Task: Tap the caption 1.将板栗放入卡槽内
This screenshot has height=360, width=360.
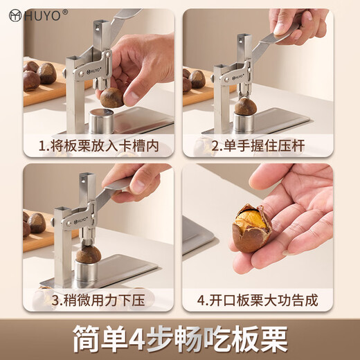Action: point(98,146)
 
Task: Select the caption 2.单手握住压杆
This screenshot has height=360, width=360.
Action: point(258,146)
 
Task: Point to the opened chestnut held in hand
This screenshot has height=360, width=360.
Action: point(250,228)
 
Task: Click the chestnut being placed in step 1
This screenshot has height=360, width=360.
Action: point(111,98)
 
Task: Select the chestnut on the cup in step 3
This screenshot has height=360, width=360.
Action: point(88,255)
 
